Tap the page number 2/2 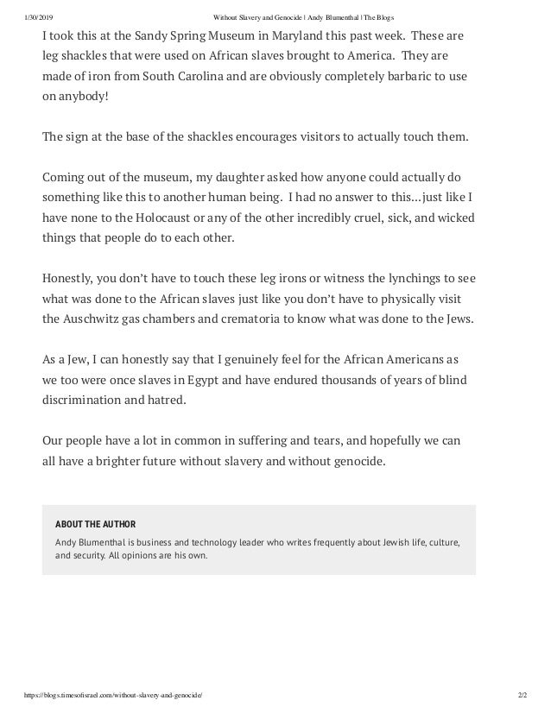519,696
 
